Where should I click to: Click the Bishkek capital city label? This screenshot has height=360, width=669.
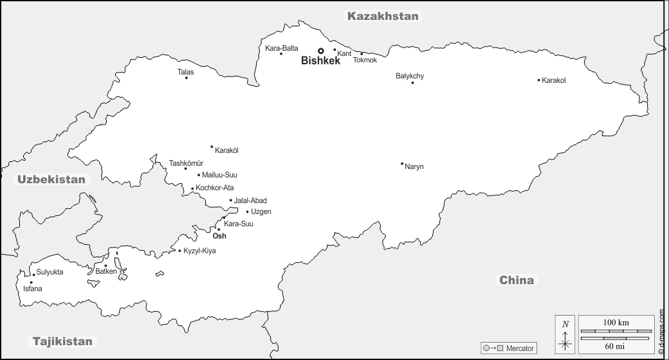tap(320, 62)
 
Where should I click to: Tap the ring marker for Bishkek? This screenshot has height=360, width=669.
tap(320, 51)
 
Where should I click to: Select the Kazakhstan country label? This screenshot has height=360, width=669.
tap(383, 16)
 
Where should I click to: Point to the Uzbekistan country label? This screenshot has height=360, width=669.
tap(51, 179)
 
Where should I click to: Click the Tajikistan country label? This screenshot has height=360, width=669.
tap(62, 341)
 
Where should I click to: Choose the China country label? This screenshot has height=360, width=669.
tap(517, 280)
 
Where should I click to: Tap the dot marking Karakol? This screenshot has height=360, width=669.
tap(538, 80)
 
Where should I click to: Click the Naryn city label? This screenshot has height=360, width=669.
tap(414, 167)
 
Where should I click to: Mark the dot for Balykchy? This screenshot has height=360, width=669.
tap(412, 82)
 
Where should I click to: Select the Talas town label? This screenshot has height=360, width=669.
tap(185, 72)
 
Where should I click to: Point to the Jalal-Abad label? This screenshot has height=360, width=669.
tap(250, 201)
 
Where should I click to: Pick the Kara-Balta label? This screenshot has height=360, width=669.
tap(282, 48)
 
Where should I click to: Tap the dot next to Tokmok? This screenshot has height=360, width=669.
tap(361, 54)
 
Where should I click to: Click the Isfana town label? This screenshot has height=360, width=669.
tap(32, 289)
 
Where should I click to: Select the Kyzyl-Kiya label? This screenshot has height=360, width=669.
tap(199, 251)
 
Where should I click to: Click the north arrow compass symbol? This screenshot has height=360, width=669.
tap(565, 334)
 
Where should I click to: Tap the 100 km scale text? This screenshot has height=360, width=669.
tap(616, 321)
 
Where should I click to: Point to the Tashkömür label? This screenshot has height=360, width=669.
tap(186, 163)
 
